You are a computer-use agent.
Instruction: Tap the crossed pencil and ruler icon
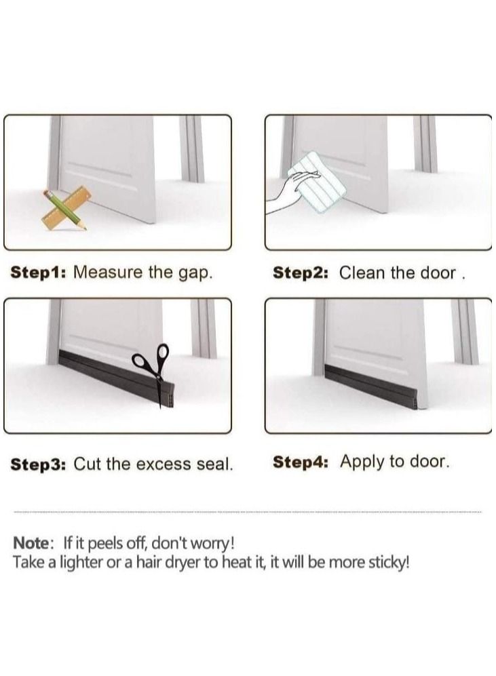66,208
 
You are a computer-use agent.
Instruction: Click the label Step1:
38,273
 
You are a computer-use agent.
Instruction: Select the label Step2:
301,273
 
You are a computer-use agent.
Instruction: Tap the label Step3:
39,464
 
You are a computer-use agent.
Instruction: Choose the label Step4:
301,462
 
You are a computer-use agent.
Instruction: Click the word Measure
107,273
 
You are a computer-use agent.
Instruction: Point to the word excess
161,464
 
